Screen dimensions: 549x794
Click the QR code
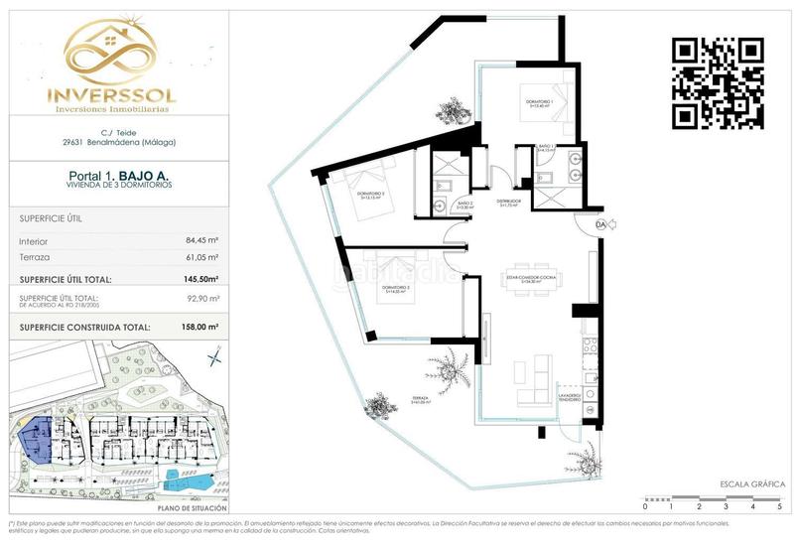[x=718, y=82]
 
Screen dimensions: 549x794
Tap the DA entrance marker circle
[x=599, y=225]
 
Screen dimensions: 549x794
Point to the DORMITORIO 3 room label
[x=372, y=196]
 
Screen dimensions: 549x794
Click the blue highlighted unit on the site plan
[x=39, y=439]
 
